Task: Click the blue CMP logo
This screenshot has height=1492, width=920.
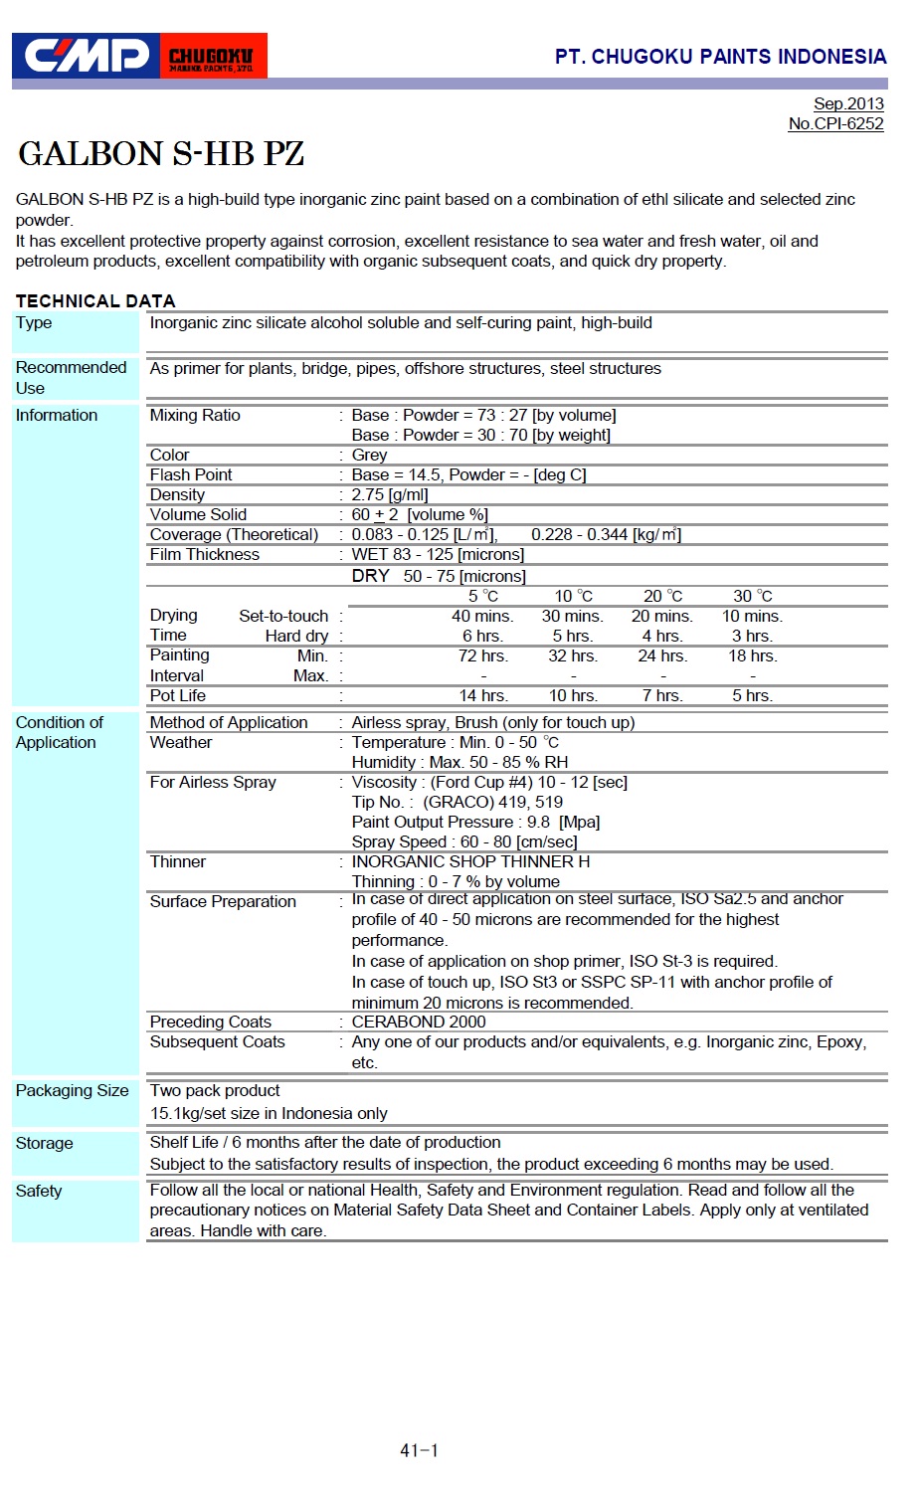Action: [87, 56]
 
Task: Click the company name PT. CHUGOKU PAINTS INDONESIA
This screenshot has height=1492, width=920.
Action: [720, 57]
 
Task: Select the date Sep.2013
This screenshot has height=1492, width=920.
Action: [847, 103]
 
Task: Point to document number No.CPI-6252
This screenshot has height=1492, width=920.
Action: [835, 123]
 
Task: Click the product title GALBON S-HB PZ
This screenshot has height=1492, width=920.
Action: [161, 154]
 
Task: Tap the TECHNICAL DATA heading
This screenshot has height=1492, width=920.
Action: [95, 300]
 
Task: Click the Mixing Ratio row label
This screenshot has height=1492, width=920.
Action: [195, 415]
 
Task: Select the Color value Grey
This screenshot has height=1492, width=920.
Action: [369, 455]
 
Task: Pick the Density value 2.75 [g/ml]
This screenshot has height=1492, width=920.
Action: [389, 494]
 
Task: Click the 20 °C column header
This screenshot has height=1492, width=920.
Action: [662, 596]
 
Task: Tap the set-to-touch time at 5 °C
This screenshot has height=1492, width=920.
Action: [481, 616]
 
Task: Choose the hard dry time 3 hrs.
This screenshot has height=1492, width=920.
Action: [752, 636]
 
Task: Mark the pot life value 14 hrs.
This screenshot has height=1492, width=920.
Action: [483, 695]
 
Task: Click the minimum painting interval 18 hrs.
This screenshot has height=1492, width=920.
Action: [752, 655]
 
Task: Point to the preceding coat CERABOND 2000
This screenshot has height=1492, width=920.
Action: [419, 1022]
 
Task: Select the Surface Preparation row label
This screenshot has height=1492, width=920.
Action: [223, 901]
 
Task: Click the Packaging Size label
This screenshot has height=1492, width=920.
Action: [72, 1090]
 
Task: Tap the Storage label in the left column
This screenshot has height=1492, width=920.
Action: [44, 1143]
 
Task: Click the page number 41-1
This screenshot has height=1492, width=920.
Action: [419, 1450]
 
